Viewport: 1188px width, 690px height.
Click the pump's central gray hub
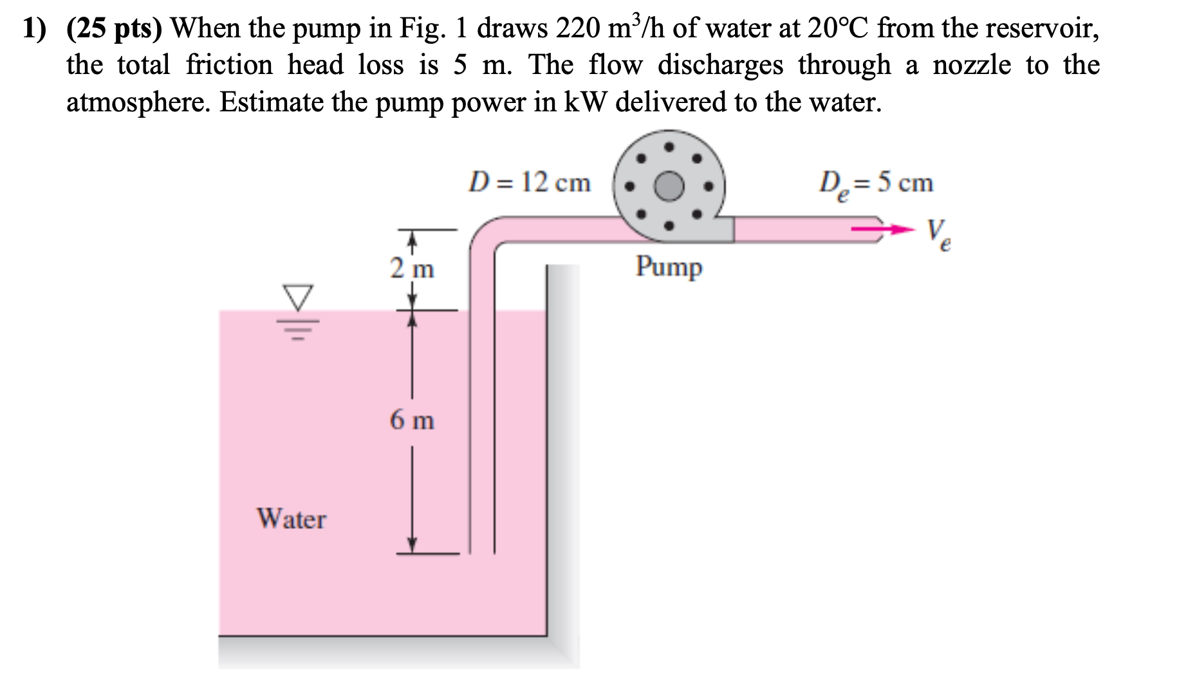click(x=669, y=186)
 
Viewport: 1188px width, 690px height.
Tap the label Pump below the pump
click(x=669, y=267)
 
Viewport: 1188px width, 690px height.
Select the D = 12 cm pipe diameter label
click(x=529, y=183)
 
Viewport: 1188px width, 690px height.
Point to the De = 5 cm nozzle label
click(x=875, y=184)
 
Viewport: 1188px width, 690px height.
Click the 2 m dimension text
click(x=412, y=268)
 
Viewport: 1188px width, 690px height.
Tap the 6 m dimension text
click(x=412, y=421)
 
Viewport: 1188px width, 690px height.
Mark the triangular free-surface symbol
click(x=298, y=297)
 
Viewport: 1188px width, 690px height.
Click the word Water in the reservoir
click(x=292, y=519)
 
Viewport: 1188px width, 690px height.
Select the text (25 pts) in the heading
click(x=116, y=28)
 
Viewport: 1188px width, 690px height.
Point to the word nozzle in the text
click(x=972, y=65)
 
